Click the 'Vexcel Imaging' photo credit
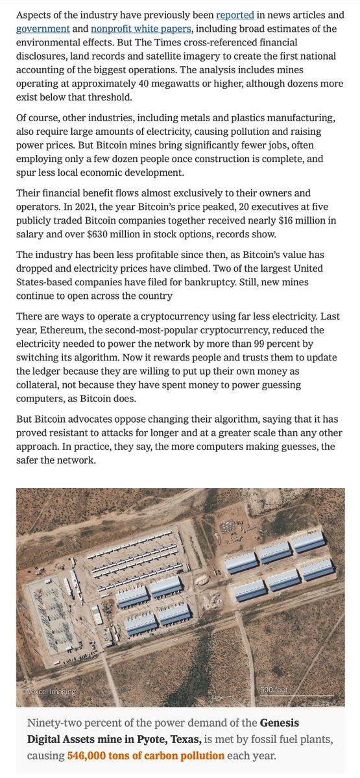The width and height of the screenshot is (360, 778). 51,691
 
